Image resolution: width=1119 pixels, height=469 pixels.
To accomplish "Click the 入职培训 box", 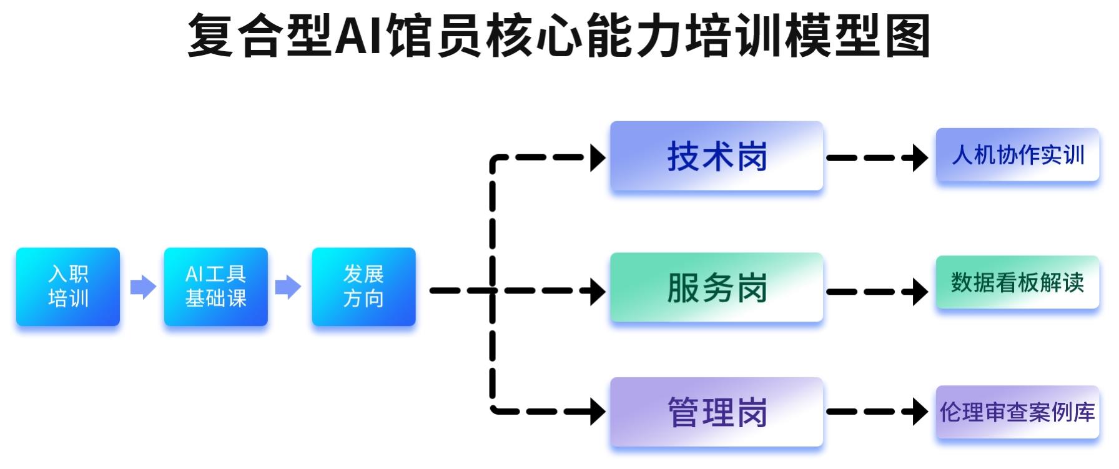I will [x=68, y=287].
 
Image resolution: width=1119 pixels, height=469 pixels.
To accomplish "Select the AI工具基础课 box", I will [x=216, y=287].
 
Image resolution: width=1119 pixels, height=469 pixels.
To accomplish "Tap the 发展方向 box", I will [x=363, y=287].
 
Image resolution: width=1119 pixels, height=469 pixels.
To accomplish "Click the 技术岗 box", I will [x=716, y=156].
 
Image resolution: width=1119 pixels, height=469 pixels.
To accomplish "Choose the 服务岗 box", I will [x=716, y=287].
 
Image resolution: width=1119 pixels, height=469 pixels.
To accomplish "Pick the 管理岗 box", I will [x=716, y=412].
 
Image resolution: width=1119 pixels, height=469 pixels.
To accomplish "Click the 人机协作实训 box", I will [x=1017, y=155].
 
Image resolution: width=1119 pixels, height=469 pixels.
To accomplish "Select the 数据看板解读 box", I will [x=1017, y=282].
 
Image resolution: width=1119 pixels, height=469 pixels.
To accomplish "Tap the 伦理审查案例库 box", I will [x=1017, y=412].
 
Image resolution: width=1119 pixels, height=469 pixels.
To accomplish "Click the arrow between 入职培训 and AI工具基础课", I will [x=143, y=287].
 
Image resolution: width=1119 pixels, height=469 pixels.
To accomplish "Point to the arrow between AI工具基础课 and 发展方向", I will [x=288, y=287].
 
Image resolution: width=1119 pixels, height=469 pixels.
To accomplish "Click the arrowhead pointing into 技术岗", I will [x=598, y=158].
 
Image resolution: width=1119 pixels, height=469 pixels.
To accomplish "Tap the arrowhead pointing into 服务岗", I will [x=598, y=291].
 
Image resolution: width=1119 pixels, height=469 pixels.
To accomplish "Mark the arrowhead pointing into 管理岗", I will [x=598, y=412].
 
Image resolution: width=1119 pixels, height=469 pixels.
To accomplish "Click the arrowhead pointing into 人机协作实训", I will [x=920, y=158].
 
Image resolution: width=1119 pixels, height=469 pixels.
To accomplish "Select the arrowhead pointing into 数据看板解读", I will [x=920, y=292].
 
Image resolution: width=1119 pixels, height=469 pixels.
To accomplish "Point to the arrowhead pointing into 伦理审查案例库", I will [x=920, y=412].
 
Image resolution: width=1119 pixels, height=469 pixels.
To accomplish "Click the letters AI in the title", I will [x=359, y=36].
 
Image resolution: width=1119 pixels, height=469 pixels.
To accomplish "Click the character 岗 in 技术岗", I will [x=752, y=156].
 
